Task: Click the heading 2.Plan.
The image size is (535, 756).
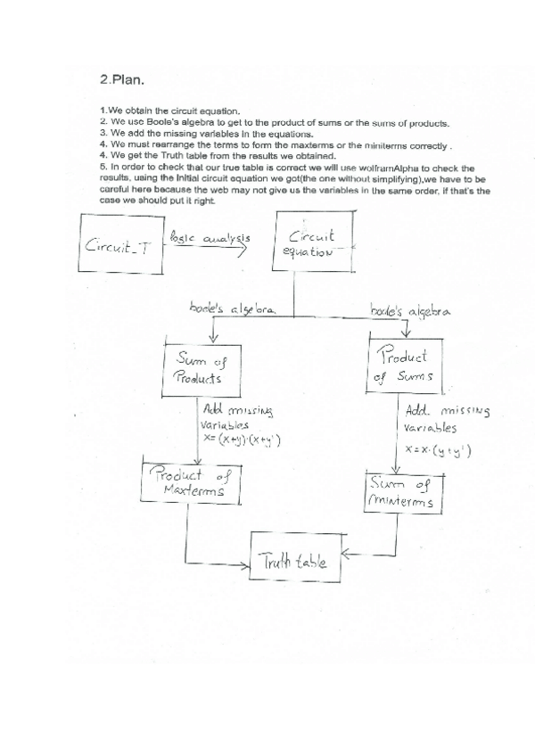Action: click(126, 78)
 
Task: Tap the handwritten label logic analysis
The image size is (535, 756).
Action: click(211, 240)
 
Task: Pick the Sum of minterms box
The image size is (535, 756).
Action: click(402, 491)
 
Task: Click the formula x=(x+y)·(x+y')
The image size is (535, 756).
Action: click(243, 440)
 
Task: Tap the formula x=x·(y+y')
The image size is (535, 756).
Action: click(439, 451)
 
